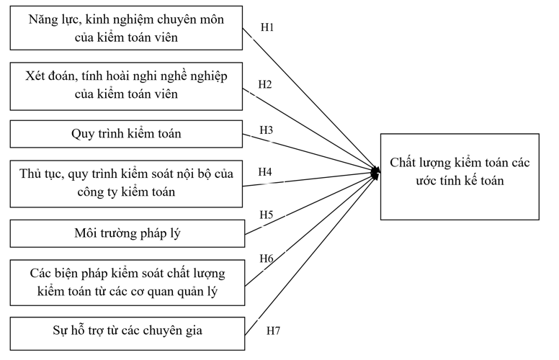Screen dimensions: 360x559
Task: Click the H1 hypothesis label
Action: coord(267,27)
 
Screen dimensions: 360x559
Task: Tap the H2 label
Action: coord(265,85)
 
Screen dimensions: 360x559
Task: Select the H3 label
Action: coord(267,130)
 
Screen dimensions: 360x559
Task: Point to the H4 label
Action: coord(266,174)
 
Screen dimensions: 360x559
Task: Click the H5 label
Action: coord(266,214)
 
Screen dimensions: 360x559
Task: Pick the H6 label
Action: coord(266,258)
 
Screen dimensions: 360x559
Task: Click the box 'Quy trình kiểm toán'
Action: coord(126,134)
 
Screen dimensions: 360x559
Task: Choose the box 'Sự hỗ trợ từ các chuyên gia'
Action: coord(126,333)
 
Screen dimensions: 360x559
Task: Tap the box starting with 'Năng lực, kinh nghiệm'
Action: coord(126,29)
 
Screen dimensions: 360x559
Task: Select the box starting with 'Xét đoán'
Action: coord(126,85)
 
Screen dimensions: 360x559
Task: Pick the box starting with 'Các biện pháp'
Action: coord(126,282)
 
